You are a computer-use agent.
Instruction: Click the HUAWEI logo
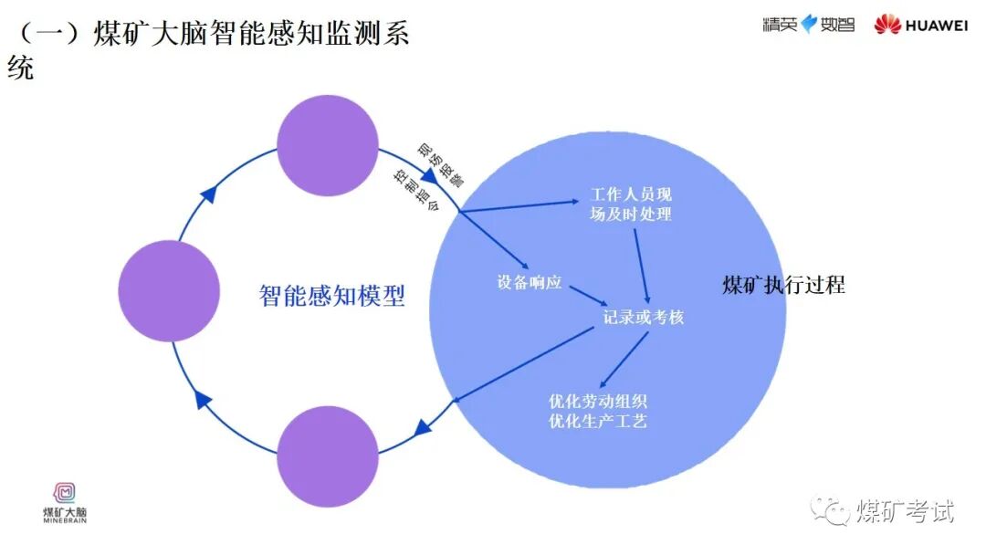pos(920,25)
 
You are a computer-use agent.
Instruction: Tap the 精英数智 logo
pos(809,25)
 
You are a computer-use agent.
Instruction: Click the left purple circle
pos(169,291)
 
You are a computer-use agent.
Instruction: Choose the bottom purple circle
pos(328,456)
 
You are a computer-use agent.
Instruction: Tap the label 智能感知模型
pos(331,296)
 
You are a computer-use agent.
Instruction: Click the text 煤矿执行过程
pos(783,285)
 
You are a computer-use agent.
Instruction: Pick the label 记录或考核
pos(644,318)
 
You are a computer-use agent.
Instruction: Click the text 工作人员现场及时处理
pos(631,204)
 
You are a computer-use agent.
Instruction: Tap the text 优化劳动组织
pos(599,402)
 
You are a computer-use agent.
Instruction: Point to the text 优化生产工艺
pos(599,421)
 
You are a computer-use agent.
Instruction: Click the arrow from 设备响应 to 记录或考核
pos(588,297)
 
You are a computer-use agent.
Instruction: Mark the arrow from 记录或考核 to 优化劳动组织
pos(624,358)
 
